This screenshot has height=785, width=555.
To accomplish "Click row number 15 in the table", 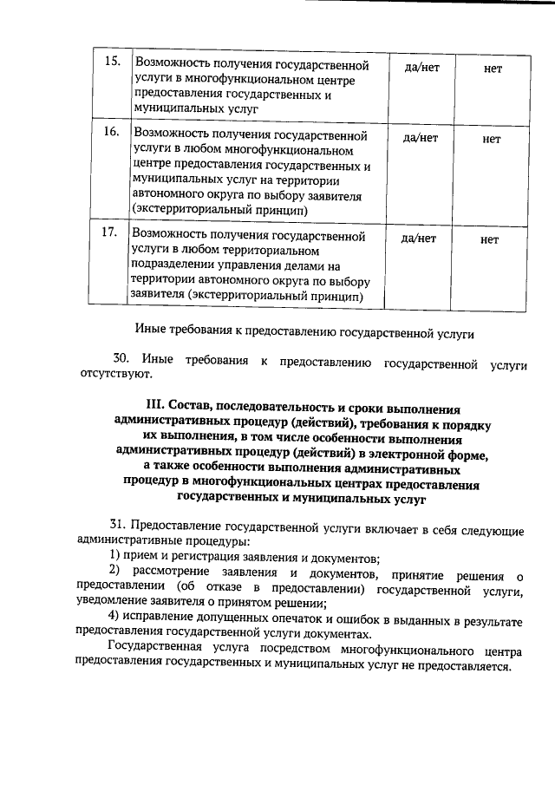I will click(111, 63).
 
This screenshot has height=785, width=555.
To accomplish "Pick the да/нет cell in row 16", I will click(421, 138).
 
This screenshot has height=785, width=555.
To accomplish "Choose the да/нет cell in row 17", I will click(421, 239).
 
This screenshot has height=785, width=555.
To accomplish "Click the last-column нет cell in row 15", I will click(492, 68).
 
